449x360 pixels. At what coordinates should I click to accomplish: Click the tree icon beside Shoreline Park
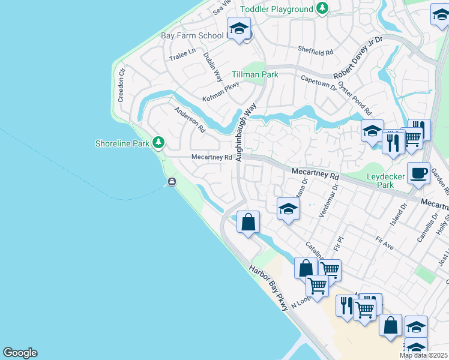coord(158,143)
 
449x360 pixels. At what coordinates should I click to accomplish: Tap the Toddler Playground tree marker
coord(323,8)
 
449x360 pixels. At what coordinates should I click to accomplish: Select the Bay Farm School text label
coord(192,35)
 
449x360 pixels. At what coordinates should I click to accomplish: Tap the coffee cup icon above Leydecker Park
coord(418,173)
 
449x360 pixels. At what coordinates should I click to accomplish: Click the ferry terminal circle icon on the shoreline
coord(172,182)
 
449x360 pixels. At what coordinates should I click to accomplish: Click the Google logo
coord(20,353)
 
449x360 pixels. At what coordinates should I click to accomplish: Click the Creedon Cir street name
coord(121,85)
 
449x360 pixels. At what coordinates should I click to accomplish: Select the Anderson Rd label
coord(190,120)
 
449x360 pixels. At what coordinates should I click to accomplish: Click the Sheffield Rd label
coord(316,52)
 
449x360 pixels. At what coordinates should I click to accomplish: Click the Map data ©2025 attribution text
coord(423,355)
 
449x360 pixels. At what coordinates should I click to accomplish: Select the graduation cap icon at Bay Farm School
coord(239,28)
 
